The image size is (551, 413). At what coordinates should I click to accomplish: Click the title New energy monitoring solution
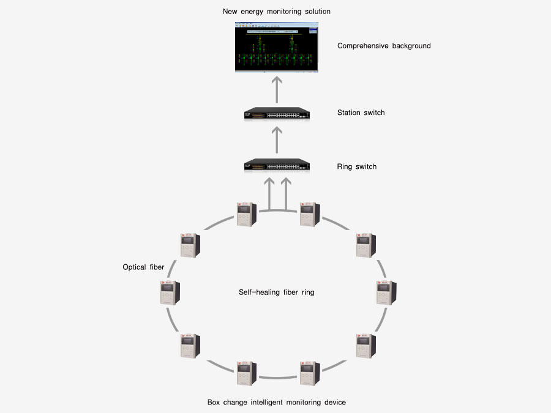277,12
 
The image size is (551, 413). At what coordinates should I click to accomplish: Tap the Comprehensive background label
384,46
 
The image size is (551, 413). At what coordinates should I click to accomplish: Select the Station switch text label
361,113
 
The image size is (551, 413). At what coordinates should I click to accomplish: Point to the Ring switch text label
356,166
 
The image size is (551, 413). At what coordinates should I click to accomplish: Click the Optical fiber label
143,267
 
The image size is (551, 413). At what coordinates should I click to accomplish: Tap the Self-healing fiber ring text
276,292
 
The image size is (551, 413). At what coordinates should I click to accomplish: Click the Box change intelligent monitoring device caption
277,402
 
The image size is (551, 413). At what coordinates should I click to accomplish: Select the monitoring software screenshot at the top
277,47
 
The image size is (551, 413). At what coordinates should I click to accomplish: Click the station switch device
276,114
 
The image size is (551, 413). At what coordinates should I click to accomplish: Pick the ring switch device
276,166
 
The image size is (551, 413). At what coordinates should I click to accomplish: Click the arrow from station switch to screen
276,89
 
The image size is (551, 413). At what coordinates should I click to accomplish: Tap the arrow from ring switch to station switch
276,141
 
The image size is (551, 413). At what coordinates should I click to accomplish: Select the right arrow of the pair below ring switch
285,193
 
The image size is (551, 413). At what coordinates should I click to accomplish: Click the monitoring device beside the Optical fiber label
168,292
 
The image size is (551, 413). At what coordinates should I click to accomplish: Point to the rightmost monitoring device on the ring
385,292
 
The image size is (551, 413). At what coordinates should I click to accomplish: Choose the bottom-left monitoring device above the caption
246,373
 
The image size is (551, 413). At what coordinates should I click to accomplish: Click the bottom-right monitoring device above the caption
309,373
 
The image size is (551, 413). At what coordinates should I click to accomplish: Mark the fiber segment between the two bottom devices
277,377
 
